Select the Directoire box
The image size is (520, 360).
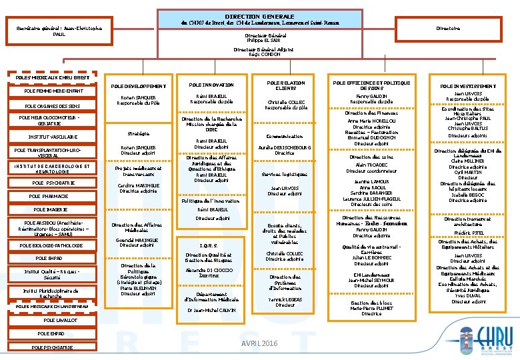(447, 29)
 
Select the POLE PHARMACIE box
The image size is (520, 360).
(49, 197)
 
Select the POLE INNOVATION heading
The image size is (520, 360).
(211, 85)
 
